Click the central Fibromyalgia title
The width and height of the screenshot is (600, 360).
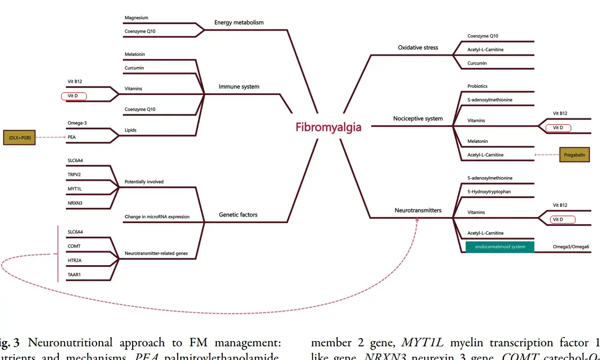[328, 127]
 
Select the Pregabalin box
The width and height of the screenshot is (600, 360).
[575, 155]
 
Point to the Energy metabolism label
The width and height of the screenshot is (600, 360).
[239, 22]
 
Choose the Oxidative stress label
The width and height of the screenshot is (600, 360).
[418, 47]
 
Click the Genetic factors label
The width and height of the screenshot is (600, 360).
[238, 214]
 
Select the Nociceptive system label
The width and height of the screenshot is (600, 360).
[418, 118]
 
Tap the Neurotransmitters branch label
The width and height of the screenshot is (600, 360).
[418, 210]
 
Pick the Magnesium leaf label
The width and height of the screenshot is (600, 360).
[136, 18]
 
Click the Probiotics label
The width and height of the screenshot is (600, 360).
[477, 86]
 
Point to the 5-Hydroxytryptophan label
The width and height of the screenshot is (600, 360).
[489, 192]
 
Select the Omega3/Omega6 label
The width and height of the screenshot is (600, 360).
[571, 247]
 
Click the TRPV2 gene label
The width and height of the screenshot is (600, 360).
[75, 174]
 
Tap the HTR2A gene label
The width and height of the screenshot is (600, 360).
[75, 260]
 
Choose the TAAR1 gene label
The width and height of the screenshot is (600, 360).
[74, 274]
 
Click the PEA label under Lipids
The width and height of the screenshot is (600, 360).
[71, 137]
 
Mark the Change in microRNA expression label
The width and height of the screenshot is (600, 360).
[157, 217]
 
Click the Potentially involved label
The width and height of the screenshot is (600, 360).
[144, 182]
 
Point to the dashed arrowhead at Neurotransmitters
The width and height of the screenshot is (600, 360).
[417, 220]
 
